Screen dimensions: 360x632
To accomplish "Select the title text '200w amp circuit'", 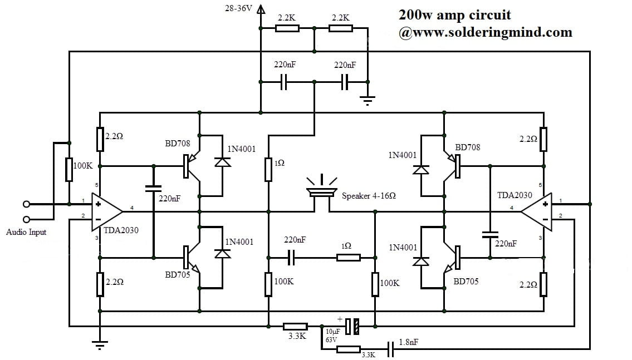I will tap(454, 14).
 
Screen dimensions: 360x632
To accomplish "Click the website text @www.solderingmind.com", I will tap(485, 32).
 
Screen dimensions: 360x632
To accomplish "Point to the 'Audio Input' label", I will tap(26, 232).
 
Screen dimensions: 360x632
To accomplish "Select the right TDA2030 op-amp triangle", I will tap(537, 212).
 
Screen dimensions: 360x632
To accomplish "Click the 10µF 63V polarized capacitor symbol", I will tap(351, 326).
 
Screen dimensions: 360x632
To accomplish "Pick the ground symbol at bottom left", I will tap(100, 346).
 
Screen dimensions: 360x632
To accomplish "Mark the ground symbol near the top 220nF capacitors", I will tap(368, 101).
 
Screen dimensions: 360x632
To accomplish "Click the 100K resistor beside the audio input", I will tap(68, 169).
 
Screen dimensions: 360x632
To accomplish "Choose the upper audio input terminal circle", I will tap(26, 204).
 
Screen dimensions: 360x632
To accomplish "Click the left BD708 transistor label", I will tap(177, 144).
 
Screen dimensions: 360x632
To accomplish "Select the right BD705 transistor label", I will tap(466, 282).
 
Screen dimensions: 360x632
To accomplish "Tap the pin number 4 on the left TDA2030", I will tap(131, 208).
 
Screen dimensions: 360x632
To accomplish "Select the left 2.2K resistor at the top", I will tap(287, 28).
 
